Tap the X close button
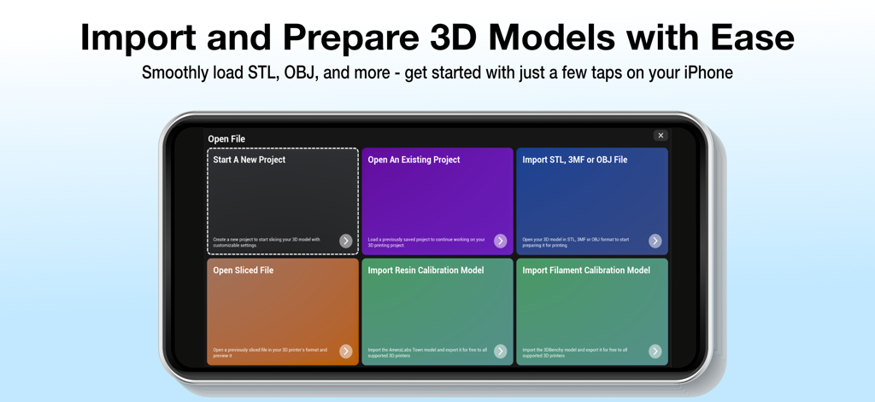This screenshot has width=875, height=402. pos(661,136)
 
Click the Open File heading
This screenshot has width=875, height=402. pos(226,139)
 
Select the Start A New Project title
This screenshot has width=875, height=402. pos(249,160)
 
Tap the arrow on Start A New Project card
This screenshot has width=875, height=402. pos(345,242)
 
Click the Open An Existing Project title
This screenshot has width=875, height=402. pos(414,160)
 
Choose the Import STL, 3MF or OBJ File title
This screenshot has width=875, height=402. pos(574,160)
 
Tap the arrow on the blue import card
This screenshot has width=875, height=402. pos(655,242)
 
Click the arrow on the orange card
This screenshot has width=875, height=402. pos(345,352)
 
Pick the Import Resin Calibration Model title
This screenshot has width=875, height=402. pos(426,271)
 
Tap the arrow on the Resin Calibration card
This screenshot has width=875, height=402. pos(500,352)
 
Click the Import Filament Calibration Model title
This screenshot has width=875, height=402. pos(586,271)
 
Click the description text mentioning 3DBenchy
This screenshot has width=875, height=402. pos(574,352)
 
